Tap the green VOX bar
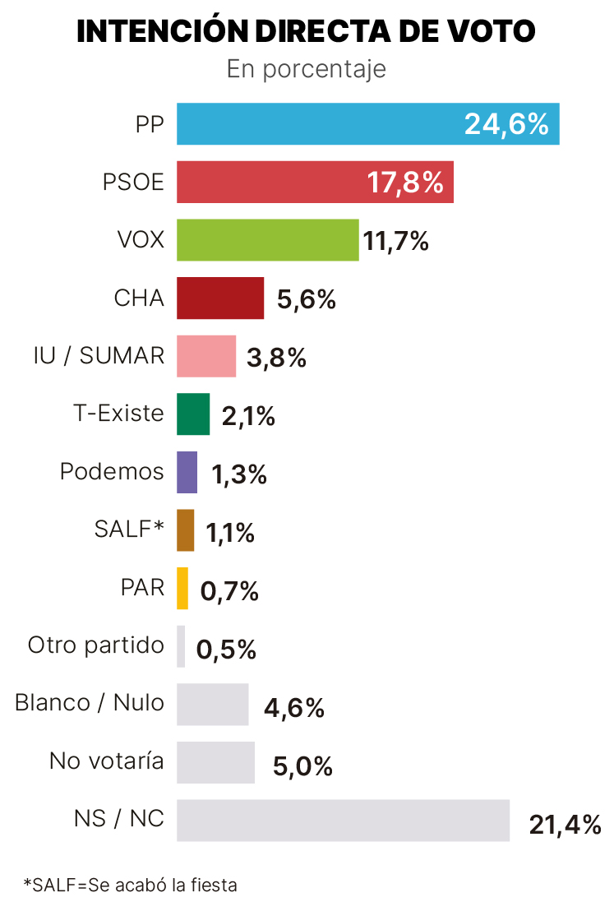point(268,240)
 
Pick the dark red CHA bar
point(220,298)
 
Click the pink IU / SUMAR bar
point(206,356)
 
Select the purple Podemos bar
point(187,472)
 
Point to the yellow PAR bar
point(182,588)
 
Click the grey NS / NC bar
point(343,821)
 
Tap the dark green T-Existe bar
point(193,414)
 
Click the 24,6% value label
point(506,124)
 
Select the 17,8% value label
point(405,183)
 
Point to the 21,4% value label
point(565,825)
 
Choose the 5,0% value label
point(302,766)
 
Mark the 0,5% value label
point(227,650)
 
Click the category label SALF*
point(129,529)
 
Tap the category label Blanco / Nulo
point(90,703)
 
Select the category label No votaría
point(107,761)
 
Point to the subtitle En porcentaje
point(307,69)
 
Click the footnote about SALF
point(131,885)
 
